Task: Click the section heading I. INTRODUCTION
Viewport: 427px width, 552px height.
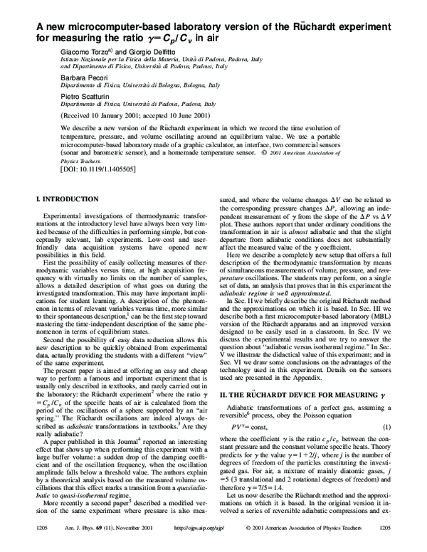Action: (x=68, y=199)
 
